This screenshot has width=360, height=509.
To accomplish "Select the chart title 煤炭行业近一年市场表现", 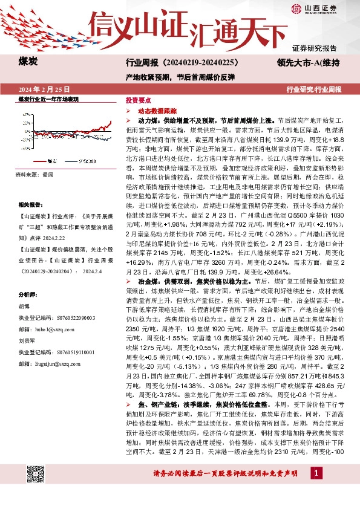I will tap(48, 99).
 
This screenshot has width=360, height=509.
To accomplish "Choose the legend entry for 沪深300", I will tap(84, 161).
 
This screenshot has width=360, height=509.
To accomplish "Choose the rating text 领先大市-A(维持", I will tap(309, 62).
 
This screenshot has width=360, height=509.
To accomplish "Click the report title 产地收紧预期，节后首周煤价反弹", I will tap(180, 77).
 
